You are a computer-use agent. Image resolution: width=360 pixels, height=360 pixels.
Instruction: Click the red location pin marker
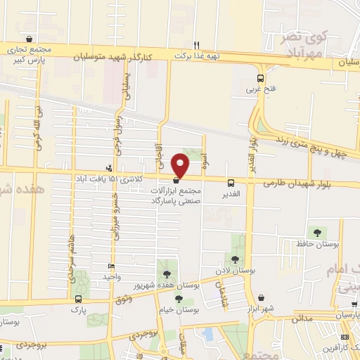point(181,165)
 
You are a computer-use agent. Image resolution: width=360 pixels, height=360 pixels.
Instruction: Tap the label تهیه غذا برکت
point(194,54)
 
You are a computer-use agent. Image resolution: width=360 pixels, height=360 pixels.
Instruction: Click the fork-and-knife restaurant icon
point(198,42)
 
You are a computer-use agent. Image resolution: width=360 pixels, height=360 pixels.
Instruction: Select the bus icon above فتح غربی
point(260,79)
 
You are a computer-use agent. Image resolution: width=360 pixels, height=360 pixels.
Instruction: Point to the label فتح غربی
point(257,90)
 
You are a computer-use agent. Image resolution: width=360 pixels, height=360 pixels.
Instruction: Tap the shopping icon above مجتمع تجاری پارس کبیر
point(28,39)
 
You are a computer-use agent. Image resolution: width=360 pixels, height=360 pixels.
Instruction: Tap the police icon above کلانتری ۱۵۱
point(108,168)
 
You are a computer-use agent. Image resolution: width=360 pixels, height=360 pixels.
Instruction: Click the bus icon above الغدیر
point(231,182)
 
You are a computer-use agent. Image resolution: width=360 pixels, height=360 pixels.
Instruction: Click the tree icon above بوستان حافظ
point(317,231)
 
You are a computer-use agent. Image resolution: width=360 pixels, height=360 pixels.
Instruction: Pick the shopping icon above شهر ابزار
point(262,297)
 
